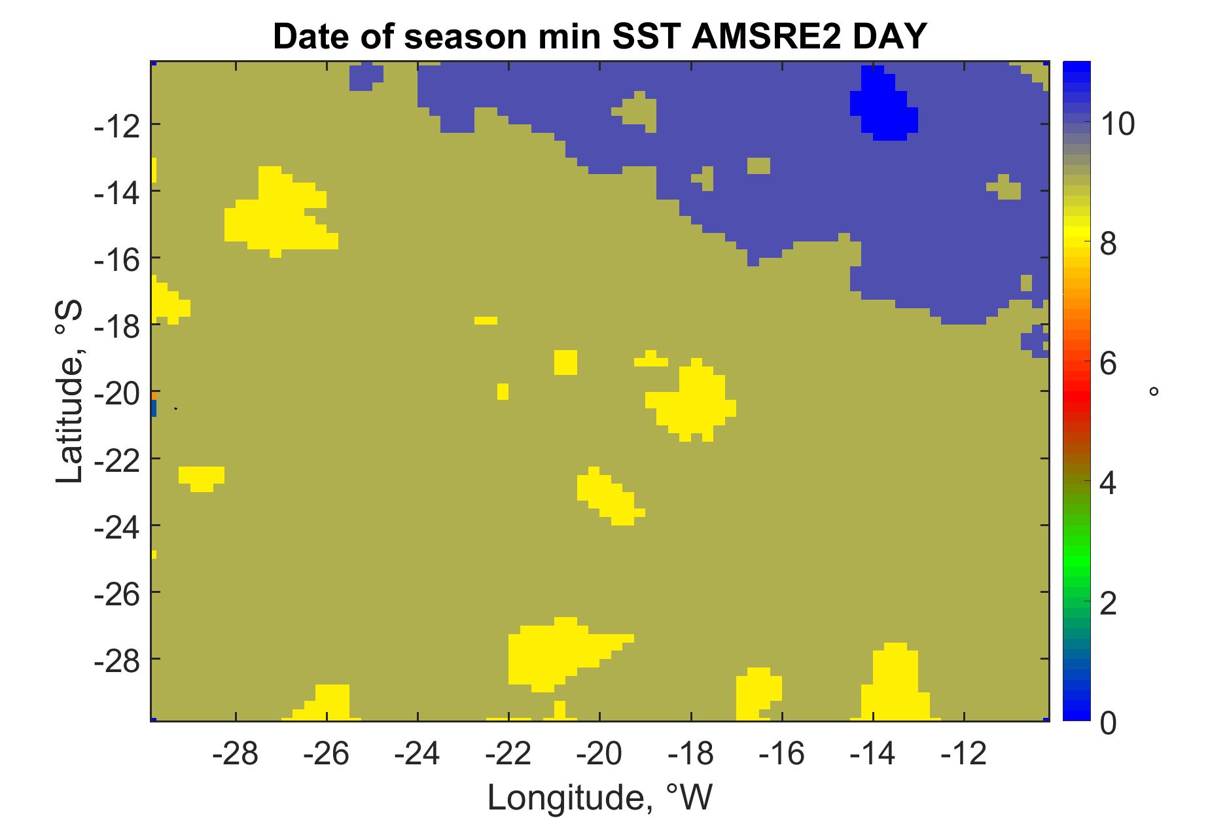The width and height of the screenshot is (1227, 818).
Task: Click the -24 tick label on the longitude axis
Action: pos(418,755)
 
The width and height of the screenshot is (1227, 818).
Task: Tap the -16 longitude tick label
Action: pos(782,755)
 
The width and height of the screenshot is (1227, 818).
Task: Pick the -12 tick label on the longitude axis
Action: pos(964,755)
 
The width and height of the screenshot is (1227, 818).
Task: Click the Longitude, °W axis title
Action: pos(599,796)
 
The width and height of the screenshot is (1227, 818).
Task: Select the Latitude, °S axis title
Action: pos(69,391)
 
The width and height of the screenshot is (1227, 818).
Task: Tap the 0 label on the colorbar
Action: pos(1108,723)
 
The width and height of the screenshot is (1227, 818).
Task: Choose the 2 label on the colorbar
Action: pos(1108,603)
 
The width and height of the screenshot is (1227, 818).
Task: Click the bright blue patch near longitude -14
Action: pos(883,105)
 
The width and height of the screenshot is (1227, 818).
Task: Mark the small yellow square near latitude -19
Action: pos(565,362)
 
